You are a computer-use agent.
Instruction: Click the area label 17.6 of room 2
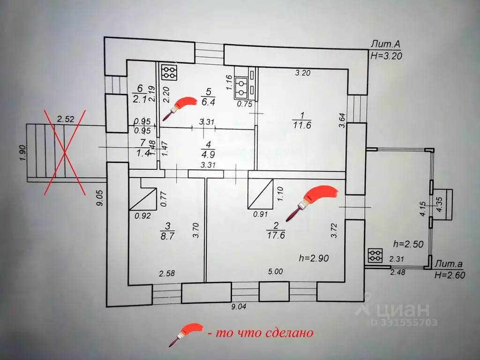point(276,235)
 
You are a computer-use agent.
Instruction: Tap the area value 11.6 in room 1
point(302,125)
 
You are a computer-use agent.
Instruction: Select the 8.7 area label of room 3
point(167,236)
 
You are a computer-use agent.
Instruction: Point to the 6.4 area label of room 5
point(208,102)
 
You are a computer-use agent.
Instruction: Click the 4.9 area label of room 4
point(208,154)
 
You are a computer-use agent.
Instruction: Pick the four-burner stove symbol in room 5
point(169,73)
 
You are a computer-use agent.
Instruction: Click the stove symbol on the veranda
point(375,255)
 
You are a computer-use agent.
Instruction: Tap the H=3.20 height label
point(386,55)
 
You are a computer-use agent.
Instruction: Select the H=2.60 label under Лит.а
point(450,275)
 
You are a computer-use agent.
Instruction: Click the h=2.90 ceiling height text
point(314,258)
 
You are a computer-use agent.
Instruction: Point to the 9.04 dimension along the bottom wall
point(238,307)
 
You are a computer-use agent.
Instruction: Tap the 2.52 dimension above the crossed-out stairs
point(66,119)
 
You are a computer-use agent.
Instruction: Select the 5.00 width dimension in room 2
point(275,271)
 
